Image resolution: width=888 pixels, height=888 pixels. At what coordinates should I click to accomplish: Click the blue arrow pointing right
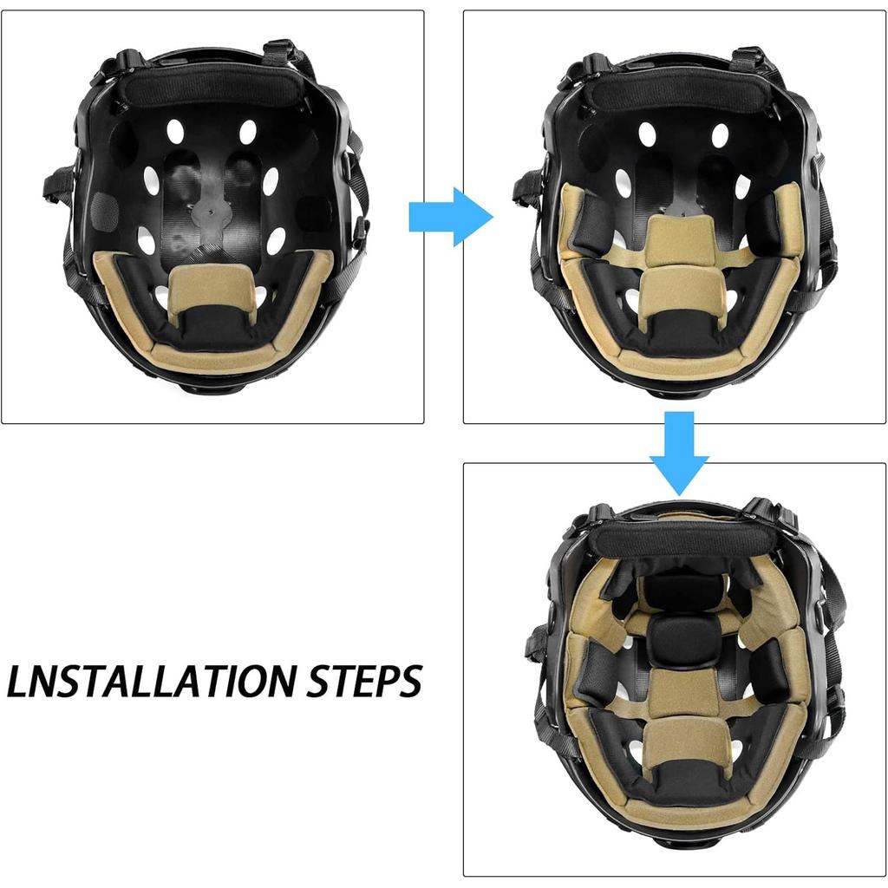coord(449,217)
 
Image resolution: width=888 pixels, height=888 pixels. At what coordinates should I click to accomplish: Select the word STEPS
coord(364,682)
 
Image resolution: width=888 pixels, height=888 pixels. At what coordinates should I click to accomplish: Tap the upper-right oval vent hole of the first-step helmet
coord(248,132)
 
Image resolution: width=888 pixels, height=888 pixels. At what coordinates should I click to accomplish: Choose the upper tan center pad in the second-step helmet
coord(680,238)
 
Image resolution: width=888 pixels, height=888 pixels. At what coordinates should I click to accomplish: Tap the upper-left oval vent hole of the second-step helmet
coord(646,134)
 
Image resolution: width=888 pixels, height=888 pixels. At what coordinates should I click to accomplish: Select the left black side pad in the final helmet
coord(597,672)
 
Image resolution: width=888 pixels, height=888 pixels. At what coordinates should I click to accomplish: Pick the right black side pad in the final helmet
coord(767,672)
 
